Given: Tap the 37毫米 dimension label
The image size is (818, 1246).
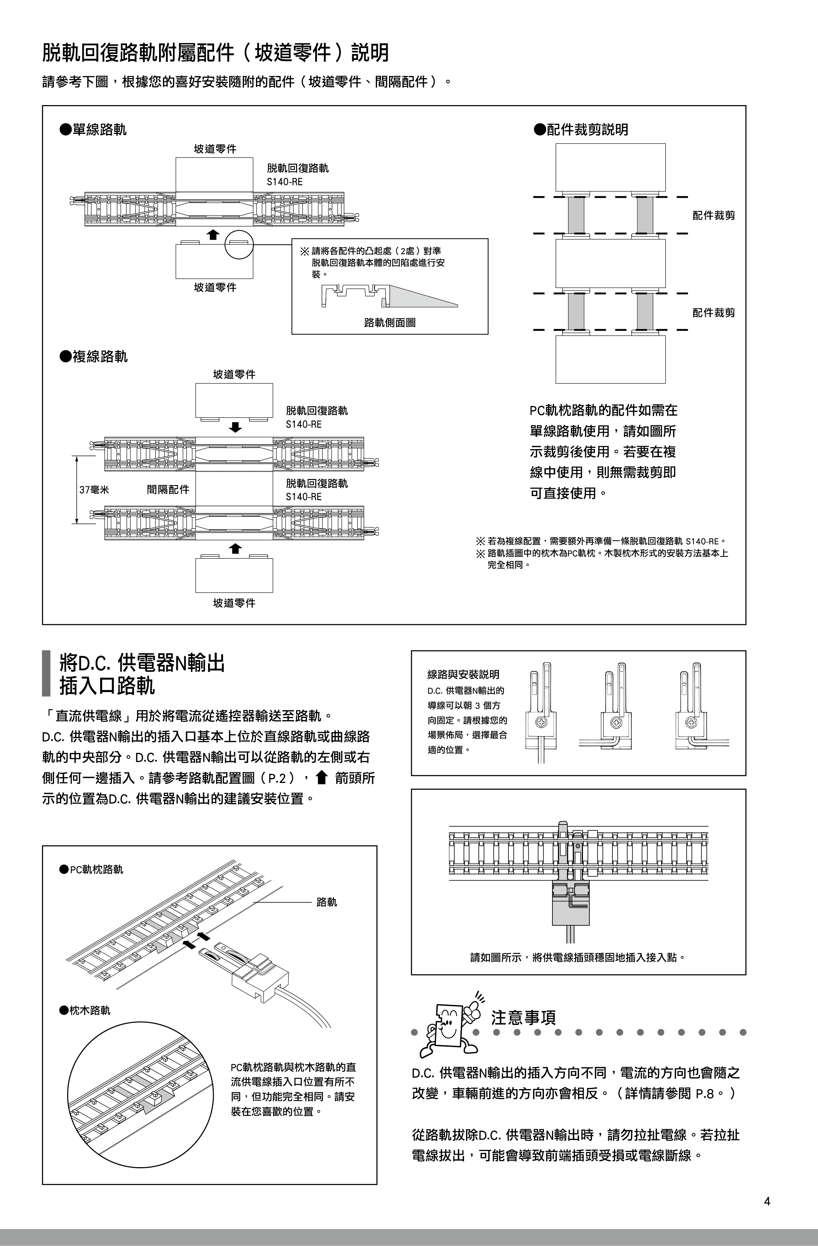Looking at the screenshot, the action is pyautogui.click(x=94, y=490).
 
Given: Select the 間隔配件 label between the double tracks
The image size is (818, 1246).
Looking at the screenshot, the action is pyautogui.click(x=168, y=490).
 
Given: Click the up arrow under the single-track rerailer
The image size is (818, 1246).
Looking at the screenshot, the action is pyautogui.click(x=213, y=235).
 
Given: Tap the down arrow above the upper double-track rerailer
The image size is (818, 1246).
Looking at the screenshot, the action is pyautogui.click(x=236, y=427).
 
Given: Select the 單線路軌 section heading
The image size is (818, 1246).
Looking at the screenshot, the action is pyautogui.click(x=93, y=129).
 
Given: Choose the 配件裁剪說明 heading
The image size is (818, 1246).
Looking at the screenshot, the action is pyautogui.click(x=581, y=129).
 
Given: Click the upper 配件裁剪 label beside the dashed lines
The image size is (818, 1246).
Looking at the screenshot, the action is pyautogui.click(x=714, y=215).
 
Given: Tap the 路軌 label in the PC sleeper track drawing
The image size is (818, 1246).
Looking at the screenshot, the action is pyautogui.click(x=327, y=902).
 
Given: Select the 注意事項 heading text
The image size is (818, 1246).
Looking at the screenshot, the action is pyautogui.click(x=523, y=1017).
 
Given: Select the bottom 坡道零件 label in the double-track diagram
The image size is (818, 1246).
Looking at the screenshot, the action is pyautogui.click(x=234, y=603).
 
